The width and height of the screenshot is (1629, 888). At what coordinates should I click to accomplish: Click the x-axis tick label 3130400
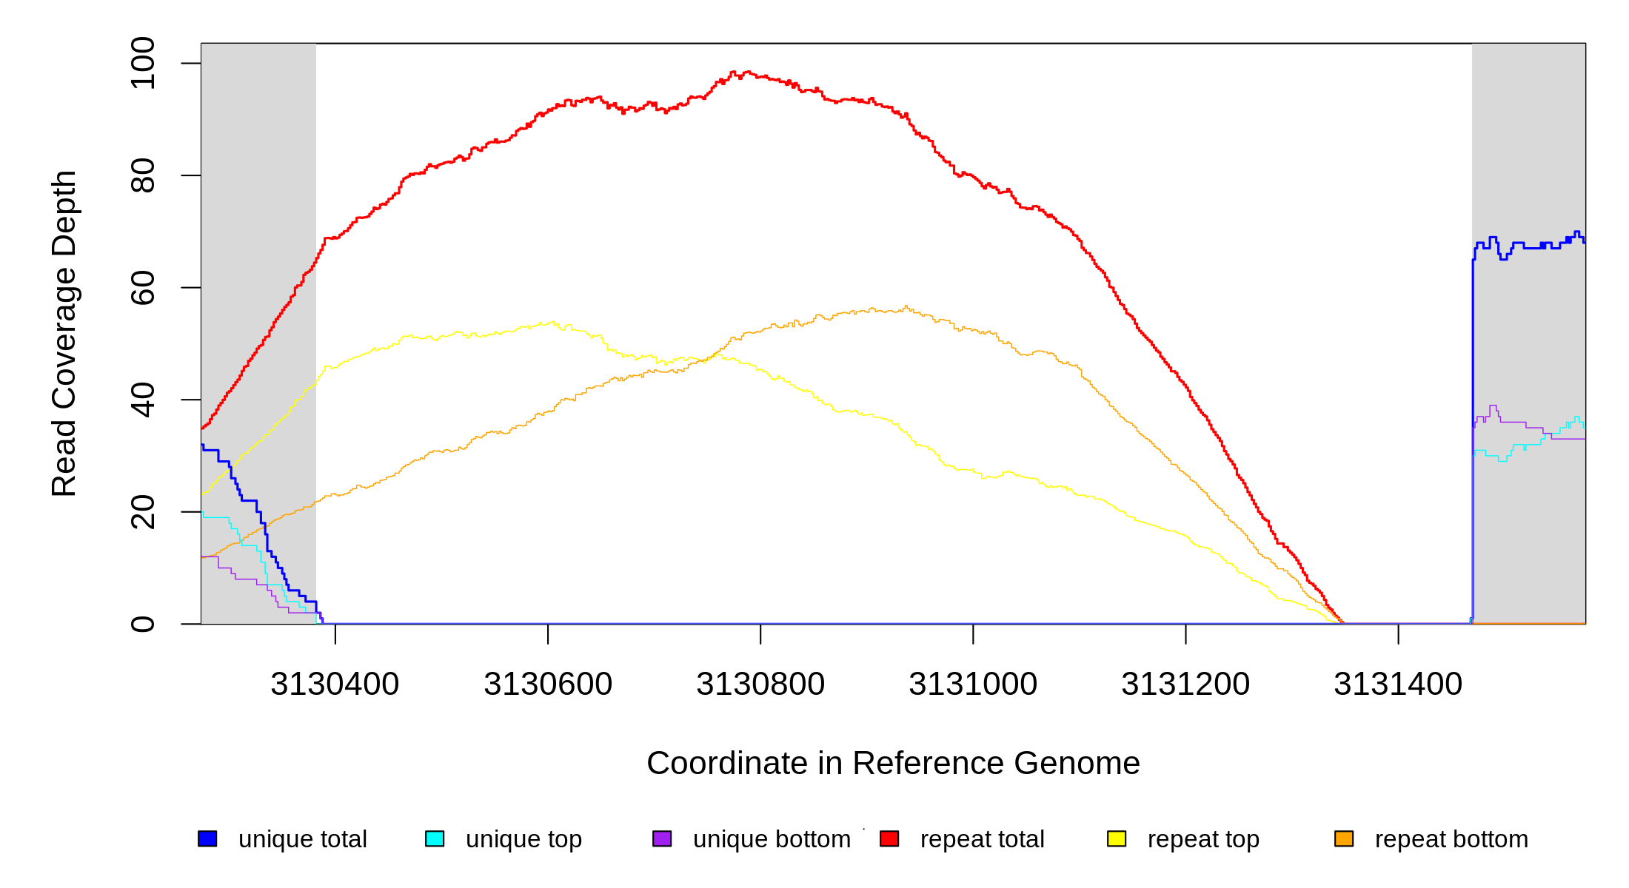tap(335, 684)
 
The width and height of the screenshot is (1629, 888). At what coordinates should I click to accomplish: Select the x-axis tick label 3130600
tap(548, 684)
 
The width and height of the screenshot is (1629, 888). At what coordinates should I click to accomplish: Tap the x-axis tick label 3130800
tap(760, 684)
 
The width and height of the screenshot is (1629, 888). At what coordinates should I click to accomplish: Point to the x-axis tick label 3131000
tap(973, 684)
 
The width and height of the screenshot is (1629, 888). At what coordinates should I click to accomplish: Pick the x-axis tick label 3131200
tap(1185, 684)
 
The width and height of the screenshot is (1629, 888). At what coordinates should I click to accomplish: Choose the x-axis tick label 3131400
tap(1398, 684)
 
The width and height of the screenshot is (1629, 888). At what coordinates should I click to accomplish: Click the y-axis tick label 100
tap(143, 64)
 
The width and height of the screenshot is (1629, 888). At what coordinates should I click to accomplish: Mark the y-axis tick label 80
tap(143, 175)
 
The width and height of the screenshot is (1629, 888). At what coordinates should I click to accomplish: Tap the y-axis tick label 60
tap(143, 288)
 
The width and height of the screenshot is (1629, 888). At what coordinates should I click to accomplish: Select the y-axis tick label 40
tap(143, 400)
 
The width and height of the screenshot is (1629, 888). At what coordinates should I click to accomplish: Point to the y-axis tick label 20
tap(143, 512)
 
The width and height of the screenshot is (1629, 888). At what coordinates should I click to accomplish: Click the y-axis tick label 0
tap(143, 624)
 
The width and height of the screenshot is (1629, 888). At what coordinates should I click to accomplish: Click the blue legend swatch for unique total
tap(207, 838)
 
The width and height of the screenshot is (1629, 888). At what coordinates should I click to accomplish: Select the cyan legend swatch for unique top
tap(435, 838)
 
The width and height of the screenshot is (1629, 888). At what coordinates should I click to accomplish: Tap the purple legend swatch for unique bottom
tap(662, 838)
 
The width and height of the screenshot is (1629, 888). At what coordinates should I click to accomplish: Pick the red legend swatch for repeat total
tap(889, 838)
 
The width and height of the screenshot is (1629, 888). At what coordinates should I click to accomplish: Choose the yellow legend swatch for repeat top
tap(1117, 838)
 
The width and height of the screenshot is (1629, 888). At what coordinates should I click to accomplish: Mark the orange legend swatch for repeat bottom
tap(1344, 838)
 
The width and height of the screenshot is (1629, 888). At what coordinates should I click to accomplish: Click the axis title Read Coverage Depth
tap(64, 334)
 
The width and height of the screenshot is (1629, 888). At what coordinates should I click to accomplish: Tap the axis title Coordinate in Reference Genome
tap(893, 763)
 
